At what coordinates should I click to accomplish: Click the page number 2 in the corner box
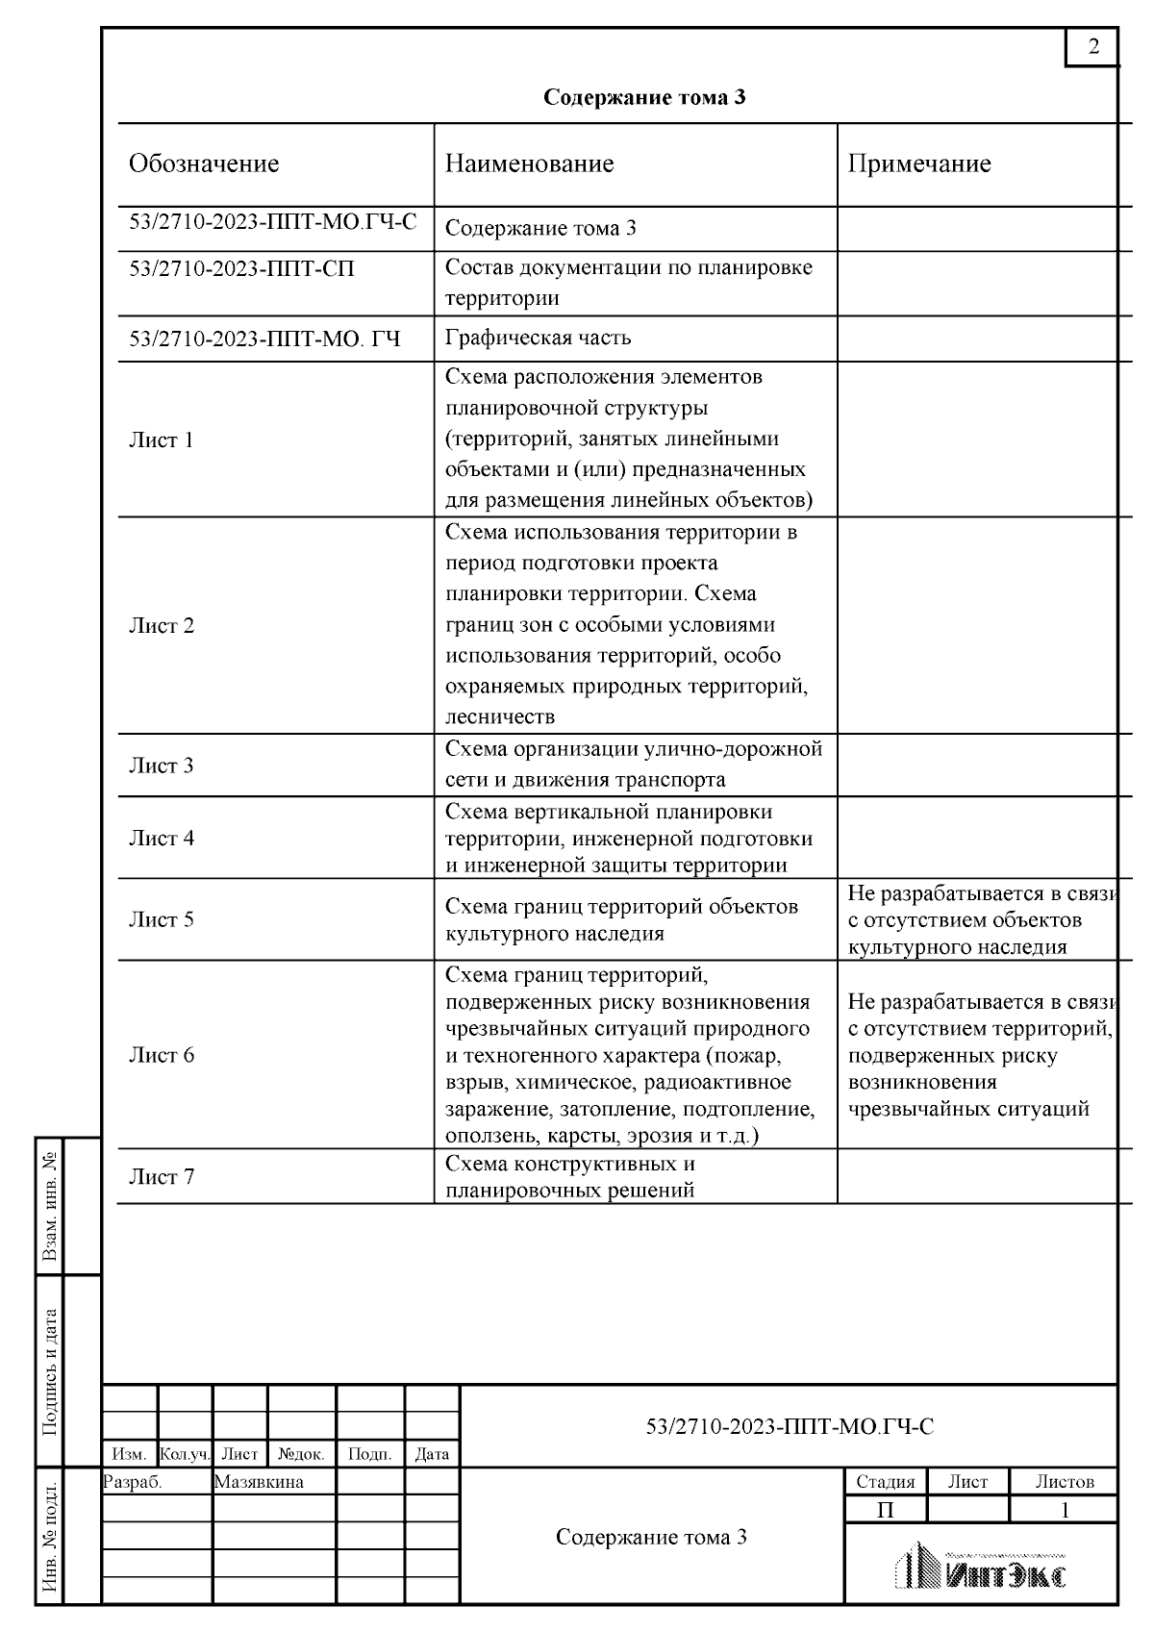click(x=1092, y=46)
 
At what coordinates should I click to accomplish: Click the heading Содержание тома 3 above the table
click(x=644, y=97)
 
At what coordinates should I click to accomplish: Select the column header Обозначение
click(x=204, y=163)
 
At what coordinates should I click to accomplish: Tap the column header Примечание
click(x=918, y=163)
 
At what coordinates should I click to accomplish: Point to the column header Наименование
click(x=529, y=163)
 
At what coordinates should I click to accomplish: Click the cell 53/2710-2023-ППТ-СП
click(x=241, y=269)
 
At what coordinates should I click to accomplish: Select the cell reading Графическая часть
click(x=538, y=338)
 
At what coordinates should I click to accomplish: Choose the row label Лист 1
click(x=161, y=440)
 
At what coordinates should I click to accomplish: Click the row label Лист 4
click(x=161, y=838)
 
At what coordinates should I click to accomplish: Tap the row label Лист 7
click(x=161, y=1176)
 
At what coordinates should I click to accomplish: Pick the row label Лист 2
click(x=161, y=625)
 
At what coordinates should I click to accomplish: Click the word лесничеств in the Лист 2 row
click(x=499, y=716)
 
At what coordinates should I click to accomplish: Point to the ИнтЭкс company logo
click(x=981, y=1567)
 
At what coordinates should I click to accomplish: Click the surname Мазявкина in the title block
click(x=259, y=1482)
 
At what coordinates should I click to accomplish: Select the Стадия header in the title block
click(x=885, y=1482)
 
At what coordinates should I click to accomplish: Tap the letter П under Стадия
click(x=885, y=1510)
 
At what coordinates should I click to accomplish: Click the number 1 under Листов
click(x=1064, y=1510)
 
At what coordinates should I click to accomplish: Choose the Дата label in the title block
click(x=432, y=1455)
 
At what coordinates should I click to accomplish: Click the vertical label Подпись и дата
click(x=50, y=1371)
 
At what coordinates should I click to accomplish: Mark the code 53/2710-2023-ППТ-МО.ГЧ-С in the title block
click(x=789, y=1426)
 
